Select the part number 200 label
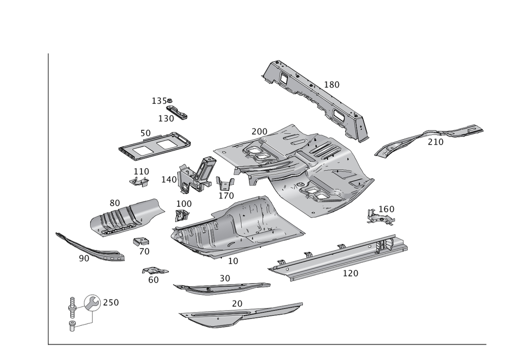259,131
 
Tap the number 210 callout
435,143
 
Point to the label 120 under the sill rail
350,273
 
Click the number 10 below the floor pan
233,261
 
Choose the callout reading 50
146,133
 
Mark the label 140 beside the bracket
168,179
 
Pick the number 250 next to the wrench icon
111,302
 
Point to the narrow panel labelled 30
219,288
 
